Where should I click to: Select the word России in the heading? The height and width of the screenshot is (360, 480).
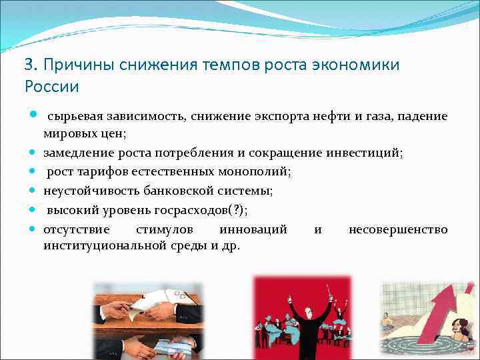[x=52, y=87]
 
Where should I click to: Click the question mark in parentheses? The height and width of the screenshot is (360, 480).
[x=233, y=210]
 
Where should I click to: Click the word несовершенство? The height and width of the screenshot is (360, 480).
[x=398, y=229]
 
